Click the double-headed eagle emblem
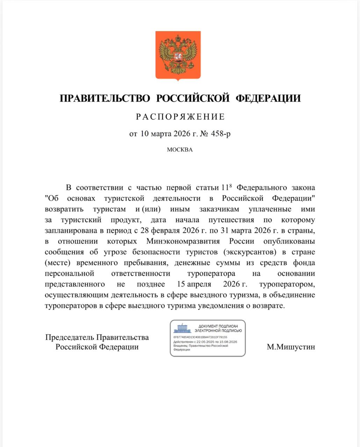pyautogui.click(x=178, y=55)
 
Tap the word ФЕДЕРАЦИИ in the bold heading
pyautogui.click(x=268, y=98)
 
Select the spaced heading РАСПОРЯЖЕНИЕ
pyautogui.click(x=180, y=117)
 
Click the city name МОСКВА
pyautogui.click(x=180, y=150)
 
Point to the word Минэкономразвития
pyautogui.click(x=183, y=241)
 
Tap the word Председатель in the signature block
pyautogui.click(x=70, y=337)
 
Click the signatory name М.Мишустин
pyautogui.click(x=291, y=347)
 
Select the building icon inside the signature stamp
pyautogui.click(x=182, y=328)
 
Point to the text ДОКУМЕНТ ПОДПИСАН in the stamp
pyautogui.click(x=218, y=326)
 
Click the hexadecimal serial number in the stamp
pyautogui.click(x=200, y=337)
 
